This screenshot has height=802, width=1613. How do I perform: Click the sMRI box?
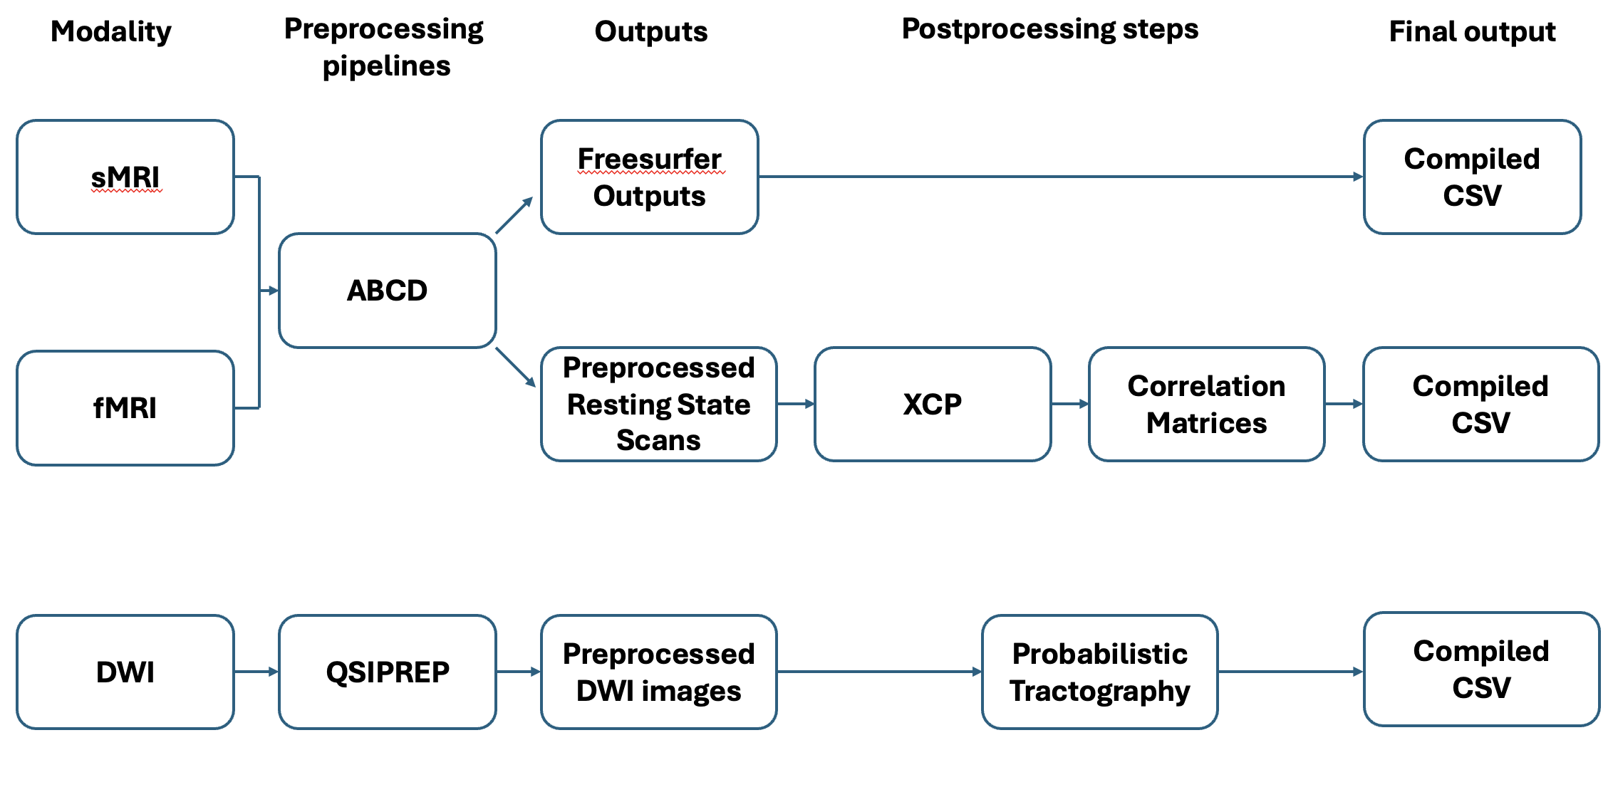125,177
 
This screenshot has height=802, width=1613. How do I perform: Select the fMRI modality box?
125,408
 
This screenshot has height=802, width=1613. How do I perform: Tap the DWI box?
125,672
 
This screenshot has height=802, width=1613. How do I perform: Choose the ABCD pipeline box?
388,291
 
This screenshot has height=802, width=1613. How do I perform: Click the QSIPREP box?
388,672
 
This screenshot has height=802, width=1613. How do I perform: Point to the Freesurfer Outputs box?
650,177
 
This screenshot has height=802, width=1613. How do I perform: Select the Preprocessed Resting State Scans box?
659,404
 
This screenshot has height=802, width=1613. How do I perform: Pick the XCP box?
933,404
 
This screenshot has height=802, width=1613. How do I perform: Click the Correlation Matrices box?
1207,404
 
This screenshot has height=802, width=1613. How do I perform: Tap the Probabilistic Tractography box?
1100,672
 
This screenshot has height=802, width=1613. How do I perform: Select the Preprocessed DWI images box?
659,672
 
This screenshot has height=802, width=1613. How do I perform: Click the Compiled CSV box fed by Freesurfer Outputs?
1473,177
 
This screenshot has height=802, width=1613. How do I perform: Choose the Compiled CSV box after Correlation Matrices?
1481,404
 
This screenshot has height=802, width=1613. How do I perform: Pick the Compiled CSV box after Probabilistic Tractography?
1482,669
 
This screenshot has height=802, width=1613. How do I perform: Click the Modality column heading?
111,31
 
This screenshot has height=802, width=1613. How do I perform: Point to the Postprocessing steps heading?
1050,29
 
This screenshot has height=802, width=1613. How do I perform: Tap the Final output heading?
1473,31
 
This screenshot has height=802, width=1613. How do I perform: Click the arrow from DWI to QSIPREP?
256,672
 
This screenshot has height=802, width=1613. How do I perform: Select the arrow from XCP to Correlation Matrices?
1070,404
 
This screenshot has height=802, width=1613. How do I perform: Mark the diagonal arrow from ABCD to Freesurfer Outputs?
514,215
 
